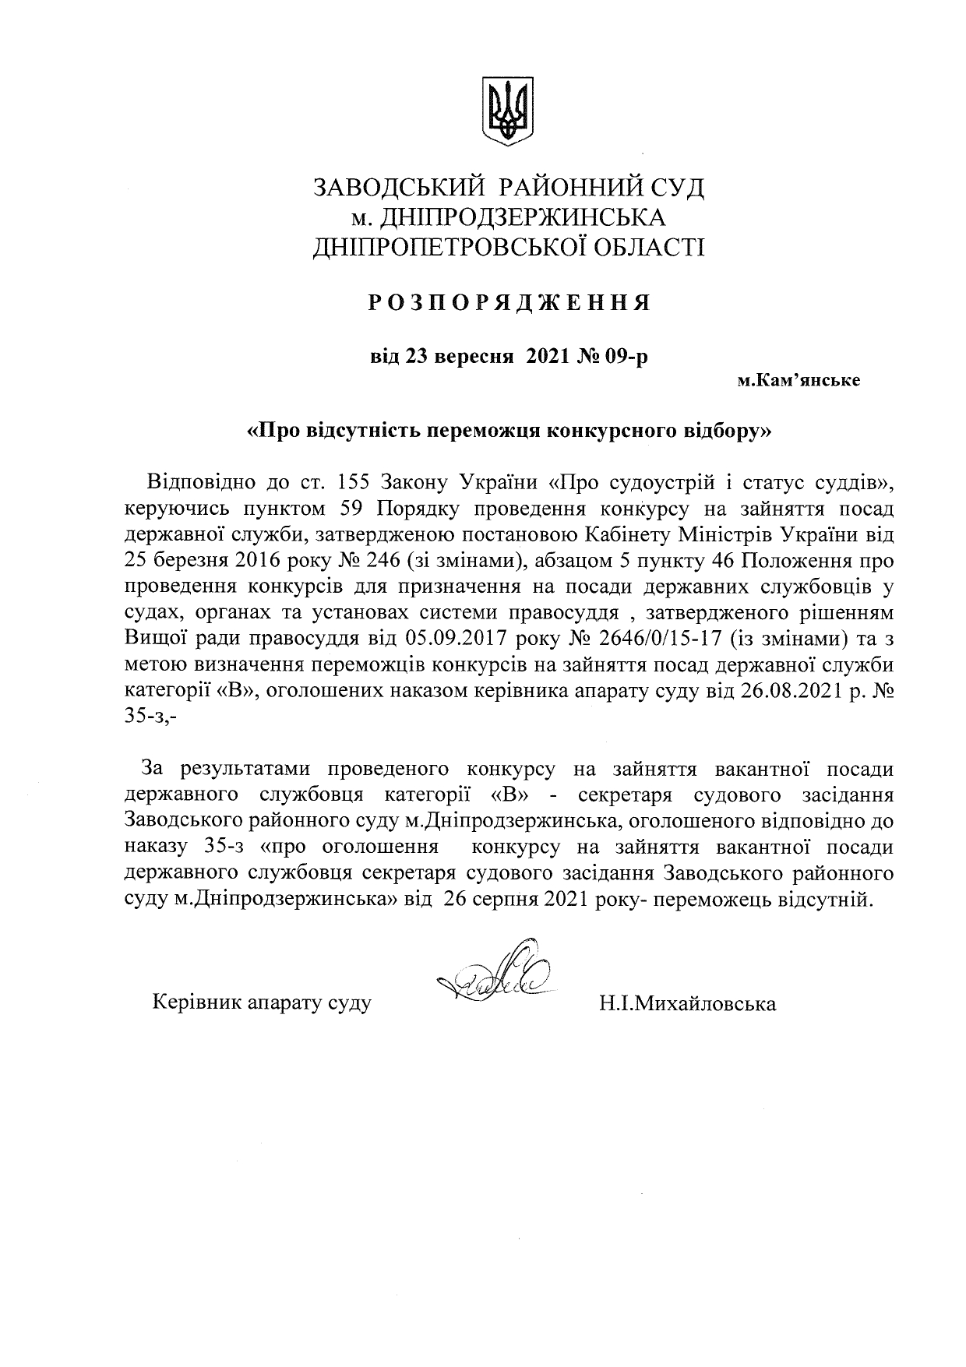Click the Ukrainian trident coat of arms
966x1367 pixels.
pyautogui.click(x=508, y=110)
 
